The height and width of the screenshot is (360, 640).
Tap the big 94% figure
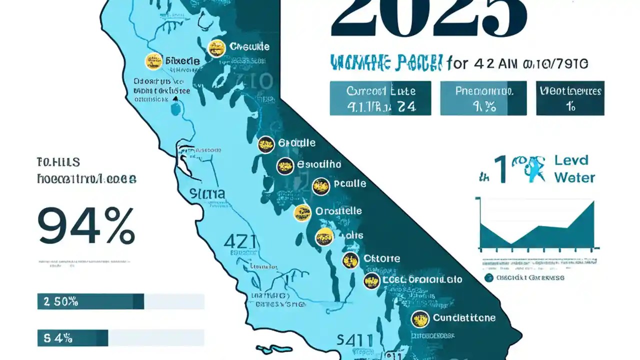86,226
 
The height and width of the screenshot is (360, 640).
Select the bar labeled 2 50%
90,301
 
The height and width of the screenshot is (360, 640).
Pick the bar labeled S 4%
72,338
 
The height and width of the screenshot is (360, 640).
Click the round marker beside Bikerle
153,61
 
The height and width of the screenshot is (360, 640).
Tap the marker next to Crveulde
216,48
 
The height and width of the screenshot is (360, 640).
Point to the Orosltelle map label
338,211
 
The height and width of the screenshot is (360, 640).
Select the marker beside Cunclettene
420,318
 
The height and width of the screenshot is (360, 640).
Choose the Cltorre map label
381,258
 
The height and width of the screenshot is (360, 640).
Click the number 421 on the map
240,241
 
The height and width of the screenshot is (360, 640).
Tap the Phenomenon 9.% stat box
483,98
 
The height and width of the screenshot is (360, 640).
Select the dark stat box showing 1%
570,98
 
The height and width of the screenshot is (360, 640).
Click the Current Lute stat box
380,98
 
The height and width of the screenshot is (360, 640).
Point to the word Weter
575,177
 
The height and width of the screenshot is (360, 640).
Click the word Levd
571,161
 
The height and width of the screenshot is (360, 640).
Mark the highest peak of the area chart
593,202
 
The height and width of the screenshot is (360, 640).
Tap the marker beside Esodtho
285,166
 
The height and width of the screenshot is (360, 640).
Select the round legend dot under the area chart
488,277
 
